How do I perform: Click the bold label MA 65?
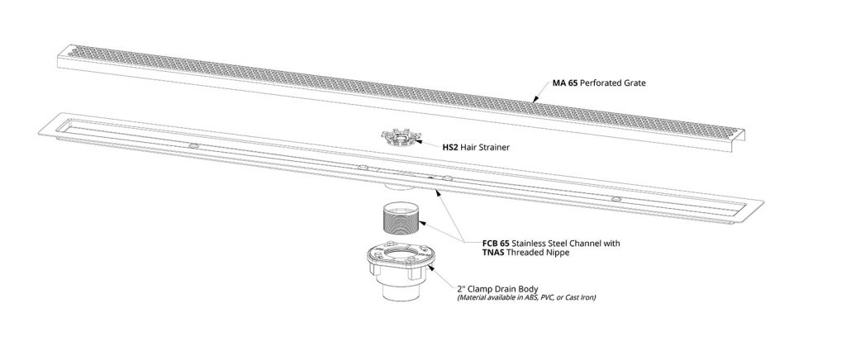click(x=565, y=83)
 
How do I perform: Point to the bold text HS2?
click(x=450, y=147)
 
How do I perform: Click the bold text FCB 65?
click(x=496, y=243)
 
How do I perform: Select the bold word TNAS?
click(x=494, y=252)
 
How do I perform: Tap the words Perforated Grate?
click(x=613, y=83)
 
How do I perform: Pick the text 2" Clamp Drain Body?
click(x=497, y=289)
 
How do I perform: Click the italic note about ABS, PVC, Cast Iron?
click(x=526, y=297)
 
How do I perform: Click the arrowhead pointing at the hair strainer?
click(x=419, y=143)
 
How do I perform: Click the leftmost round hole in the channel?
click(x=193, y=145)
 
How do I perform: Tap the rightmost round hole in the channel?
click(x=615, y=199)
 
